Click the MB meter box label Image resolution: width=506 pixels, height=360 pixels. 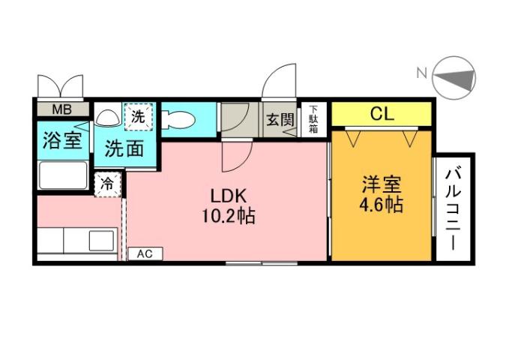point(61,110)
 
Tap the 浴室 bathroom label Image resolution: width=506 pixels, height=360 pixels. point(61,140)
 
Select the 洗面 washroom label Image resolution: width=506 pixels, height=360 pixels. point(124,148)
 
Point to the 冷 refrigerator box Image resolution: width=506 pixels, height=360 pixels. point(108,182)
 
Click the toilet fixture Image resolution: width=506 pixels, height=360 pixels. point(178,118)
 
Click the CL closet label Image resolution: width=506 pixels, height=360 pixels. point(382,115)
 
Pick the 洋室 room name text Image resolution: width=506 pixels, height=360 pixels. point(382,184)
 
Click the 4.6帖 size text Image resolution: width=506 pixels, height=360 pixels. point(382,204)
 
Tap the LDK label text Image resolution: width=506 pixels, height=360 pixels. point(227,196)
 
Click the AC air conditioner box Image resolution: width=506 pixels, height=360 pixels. point(145,253)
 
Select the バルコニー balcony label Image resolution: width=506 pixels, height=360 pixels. point(452,211)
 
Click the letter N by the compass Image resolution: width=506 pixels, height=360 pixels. point(421,73)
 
